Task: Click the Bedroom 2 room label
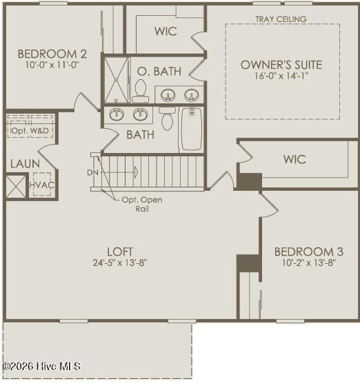click(x=52, y=54)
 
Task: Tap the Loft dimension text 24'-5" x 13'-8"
click(x=120, y=263)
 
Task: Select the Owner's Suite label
click(x=281, y=65)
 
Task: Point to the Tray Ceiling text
click(x=281, y=19)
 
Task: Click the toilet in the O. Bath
click(x=141, y=91)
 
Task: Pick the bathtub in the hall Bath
click(x=192, y=129)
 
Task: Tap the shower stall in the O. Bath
click(x=116, y=80)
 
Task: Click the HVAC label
click(x=42, y=185)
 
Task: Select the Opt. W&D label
click(x=30, y=131)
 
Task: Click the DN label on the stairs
click(x=92, y=173)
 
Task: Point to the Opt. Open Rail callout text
click(x=142, y=204)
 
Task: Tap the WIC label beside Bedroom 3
click(x=294, y=159)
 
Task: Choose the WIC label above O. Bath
click(x=166, y=31)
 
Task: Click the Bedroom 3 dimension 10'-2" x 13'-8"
click(x=309, y=263)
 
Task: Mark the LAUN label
click(x=25, y=164)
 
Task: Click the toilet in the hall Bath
click(x=167, y=118)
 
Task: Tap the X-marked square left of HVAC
click(x=16, y=187)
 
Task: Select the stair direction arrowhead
click(x=136, y=172)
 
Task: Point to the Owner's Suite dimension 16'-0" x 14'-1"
click(x=281, y=76)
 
